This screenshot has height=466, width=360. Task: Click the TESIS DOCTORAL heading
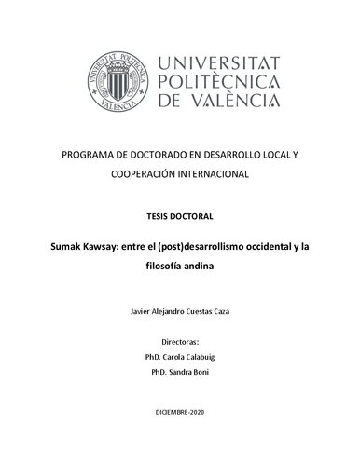pos(180,216)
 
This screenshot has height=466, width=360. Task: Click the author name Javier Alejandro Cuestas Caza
pos(180,318)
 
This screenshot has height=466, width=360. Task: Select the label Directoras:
pos(180,342)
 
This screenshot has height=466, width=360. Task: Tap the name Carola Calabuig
pos(191,356)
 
